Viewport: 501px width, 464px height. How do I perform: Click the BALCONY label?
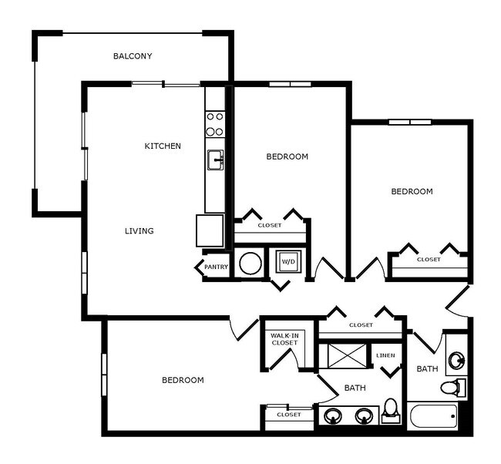[133, 55]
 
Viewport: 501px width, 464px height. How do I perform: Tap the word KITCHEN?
[163, 146]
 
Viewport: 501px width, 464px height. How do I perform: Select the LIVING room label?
[140, 230]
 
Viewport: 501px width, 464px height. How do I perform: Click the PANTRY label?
[217, 267]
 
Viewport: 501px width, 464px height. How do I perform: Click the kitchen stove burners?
[215, 124]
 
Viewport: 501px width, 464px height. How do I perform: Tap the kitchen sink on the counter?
[215, 160]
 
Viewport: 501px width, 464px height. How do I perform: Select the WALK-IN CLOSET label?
[284, 339]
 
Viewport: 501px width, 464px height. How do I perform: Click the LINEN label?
[386, 355]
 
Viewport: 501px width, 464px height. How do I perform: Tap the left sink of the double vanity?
[333, 416]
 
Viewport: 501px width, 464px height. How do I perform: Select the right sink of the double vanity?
[364, 416]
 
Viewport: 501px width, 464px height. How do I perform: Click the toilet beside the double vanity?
[391, 410]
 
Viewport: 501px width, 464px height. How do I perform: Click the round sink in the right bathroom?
[457, 359]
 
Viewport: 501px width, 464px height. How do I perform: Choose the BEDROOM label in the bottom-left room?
[183, 380]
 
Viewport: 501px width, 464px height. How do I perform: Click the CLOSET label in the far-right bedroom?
[429, 260]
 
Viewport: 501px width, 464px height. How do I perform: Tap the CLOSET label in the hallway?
[361, 325]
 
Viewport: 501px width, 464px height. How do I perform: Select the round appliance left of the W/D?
[250, 263]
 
